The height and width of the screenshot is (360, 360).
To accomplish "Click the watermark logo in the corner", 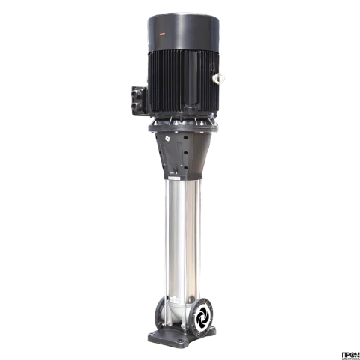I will pos(350,352).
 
